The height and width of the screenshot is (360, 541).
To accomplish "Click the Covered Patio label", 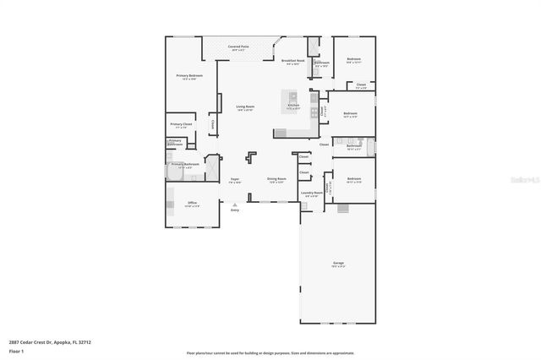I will pos(238,47).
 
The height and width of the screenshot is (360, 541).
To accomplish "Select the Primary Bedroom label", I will pos(189,77).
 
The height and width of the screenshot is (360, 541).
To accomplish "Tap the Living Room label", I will pos(245,107).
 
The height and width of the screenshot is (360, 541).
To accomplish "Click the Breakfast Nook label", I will pos(292,61).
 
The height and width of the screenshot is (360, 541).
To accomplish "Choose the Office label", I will pos(193,204).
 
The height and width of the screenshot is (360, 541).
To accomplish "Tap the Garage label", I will pos(338,264).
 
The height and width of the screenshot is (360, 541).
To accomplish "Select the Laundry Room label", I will pos(312,194).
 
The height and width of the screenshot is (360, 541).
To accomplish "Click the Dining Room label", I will pos(276,179).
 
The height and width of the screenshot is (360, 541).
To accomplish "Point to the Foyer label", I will pos(235,179).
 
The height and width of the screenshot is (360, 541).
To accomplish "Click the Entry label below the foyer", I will pos(235,210).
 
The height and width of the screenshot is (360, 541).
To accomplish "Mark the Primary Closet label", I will pos(182,125).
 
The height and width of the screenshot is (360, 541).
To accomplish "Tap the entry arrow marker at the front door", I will pos(235,204).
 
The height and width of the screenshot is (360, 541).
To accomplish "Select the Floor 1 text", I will pos(17,350).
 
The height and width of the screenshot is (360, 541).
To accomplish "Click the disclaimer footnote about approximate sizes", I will pos(270,352).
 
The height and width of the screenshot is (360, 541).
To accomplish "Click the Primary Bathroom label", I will pos(186,166).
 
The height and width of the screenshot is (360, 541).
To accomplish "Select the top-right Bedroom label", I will pos(354,60).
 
